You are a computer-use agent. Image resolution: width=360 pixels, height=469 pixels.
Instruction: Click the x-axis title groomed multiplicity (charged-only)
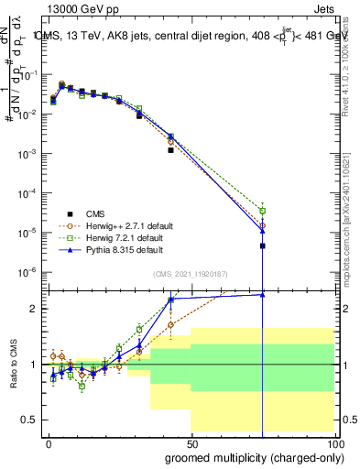(251, 456)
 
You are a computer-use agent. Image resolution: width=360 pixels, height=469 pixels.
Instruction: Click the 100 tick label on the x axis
(335, 442)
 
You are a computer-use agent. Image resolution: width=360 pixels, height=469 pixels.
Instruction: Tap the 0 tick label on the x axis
(47, 442)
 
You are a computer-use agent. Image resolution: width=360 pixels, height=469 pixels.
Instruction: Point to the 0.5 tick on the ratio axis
(32, 420)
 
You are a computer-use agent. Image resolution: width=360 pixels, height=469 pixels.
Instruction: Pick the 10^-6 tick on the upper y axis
(31, 271)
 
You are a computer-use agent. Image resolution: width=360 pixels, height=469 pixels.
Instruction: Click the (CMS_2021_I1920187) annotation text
(190, 274)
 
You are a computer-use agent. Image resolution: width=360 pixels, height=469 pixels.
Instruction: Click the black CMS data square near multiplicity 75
(263, 245)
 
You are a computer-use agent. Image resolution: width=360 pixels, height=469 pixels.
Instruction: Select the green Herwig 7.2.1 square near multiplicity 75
(263, 211)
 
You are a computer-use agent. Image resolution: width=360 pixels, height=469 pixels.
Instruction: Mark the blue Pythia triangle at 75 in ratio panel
(263, 294)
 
